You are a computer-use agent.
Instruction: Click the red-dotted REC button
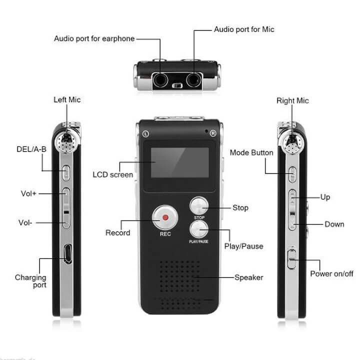coord(165,217)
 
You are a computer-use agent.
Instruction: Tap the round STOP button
coord(199,205)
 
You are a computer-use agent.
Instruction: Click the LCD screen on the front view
coord(180,162)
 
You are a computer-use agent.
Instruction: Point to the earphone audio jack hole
coord(160,80)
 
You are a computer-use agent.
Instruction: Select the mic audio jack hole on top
coord(194,80)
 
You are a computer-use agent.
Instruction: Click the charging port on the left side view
coord(67,253)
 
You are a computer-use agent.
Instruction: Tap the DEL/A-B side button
coord(66,172)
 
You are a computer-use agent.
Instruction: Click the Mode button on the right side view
coord(292,174)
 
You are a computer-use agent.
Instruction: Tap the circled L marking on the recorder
coord(146,134)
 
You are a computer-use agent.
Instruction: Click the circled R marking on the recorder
coord(213,133)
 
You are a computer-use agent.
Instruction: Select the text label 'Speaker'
coord(249,277)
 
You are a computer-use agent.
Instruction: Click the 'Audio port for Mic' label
coord(244,29)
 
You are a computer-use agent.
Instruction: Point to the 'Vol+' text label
coord(28,193)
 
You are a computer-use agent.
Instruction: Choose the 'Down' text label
coord(334,224)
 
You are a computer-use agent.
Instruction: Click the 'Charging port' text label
coord(30,281)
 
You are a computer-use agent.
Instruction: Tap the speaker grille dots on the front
coord(180,284)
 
